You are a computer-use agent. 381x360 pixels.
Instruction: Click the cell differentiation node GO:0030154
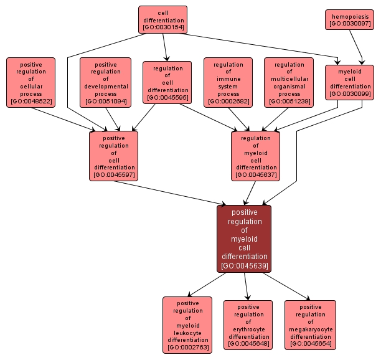pyautogui.click(x=163, y=19)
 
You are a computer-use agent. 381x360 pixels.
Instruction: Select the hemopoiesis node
pyautogui.click(x=349, y=19)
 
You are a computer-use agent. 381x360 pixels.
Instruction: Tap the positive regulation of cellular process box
pyautogui.click(x=31, y=82)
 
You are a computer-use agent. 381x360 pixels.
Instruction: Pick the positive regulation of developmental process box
pyautogui.click(x=106, y=82)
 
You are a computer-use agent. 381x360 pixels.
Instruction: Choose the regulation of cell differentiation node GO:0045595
pyautogui.click(x=167, y=82)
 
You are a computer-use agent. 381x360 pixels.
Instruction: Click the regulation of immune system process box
pyautogui.click(x=228, y=82)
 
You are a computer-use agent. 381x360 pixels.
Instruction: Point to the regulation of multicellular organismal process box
pyautogui.click(x=289, y=82)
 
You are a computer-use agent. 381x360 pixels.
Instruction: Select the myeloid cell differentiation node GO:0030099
pyautogui.click(x=349, y=82)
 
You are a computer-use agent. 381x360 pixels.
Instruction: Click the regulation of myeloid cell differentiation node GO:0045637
pyautogui.click(x=256, y=156)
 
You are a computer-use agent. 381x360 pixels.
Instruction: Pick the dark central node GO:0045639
pyautogui.click(x=244, y=239)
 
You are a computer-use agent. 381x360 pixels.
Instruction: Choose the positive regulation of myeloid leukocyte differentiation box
pyautogui.click(x=187, y=324)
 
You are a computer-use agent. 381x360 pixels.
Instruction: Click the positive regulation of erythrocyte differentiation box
pyautogui.click(x=248, y=324)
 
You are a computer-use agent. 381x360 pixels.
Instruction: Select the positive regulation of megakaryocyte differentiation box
pyautogui.click(x=310, y=324)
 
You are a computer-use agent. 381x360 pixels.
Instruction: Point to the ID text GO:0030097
pyautogui.click(x=349, y=24)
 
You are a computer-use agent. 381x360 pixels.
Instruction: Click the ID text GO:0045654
pyautogui.click(x=310, y=343)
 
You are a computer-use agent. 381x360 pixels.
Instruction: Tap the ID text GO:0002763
pyautogui.click(x=187, y=348)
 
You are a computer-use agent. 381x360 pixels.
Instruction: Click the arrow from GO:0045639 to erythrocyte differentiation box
pyautogui.click(x=247, y=287)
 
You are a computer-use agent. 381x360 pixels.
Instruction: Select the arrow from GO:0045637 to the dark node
pyautogui.click(x=250, y=193)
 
